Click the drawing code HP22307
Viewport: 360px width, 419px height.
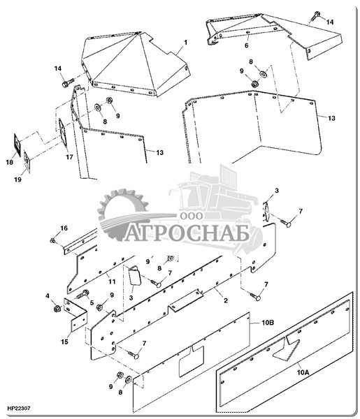(x=19, y=409)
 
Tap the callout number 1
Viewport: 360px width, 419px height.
(x=185, y=43)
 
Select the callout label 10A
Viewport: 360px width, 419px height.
(x=303, y=372)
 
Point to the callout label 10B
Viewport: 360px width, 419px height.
(x=268, y=323)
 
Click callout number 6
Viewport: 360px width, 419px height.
(x=246, y=45)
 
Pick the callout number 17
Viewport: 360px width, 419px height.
(x=69, y=157)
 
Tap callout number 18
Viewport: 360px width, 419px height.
(x=9, y=162)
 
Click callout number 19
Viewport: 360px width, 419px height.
(x=17, y=179)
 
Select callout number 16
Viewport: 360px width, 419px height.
(x=64, y=228)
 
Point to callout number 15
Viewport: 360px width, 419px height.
(x=64, y=341)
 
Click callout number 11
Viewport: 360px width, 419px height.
(x=112, y=281)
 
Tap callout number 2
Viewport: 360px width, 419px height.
(x=226, y=300)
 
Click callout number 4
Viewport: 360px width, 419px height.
(x=48, y=296)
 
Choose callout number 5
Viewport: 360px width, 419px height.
(x=92, y=302)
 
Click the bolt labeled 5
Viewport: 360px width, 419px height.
(x=82, y=294)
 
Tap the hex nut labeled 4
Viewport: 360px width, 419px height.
(x=57, y=309)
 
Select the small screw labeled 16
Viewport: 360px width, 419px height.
(x=52, y=240)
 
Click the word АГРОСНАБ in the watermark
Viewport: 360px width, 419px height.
(x=187, y=233)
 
